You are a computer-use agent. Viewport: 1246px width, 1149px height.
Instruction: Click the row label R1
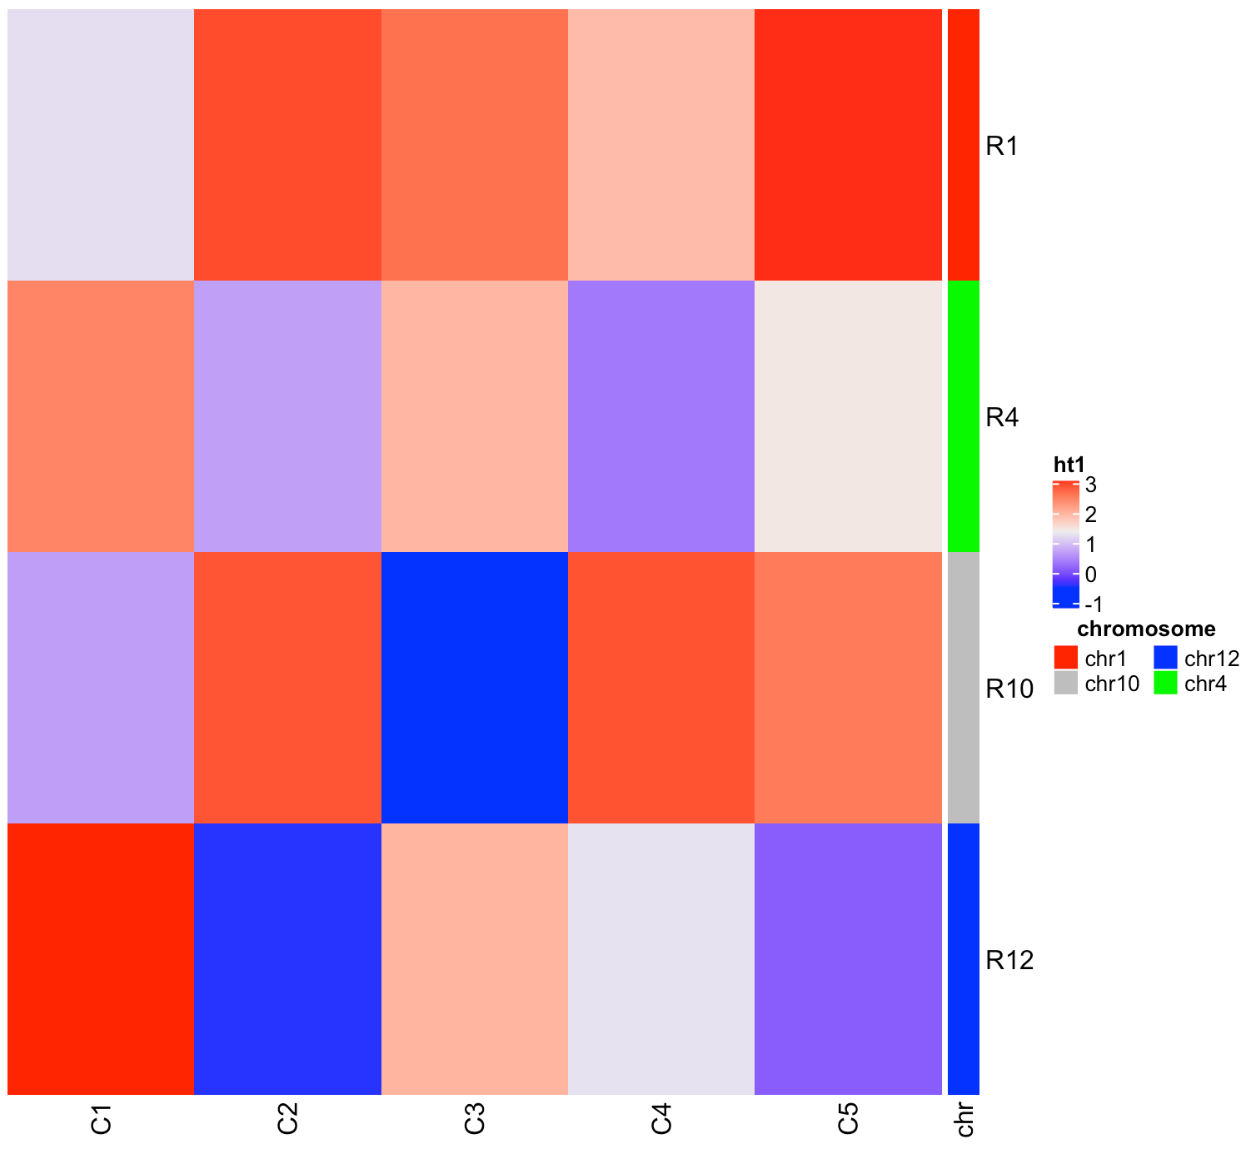pos(1001,147)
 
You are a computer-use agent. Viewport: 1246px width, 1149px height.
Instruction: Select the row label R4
pos(1001,417)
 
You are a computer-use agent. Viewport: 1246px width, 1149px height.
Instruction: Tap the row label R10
pos(1009,689)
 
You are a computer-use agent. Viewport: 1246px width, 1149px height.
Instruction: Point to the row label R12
pos(1009,960)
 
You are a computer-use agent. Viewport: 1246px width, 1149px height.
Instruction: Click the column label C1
pos(102,1120)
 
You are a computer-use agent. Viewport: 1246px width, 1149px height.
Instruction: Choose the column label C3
pos(475,1120)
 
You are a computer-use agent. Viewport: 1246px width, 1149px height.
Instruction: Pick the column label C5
pos(848,1120)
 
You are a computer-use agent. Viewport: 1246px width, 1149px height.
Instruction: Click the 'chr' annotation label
pos(964,1120)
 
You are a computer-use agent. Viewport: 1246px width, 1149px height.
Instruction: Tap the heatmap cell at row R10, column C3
pos(475,688)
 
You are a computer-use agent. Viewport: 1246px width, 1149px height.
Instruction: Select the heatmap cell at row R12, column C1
pos(101,959)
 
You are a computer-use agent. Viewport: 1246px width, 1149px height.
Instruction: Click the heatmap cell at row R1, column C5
pos(848,145)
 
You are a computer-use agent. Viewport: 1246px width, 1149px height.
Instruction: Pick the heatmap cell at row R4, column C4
pos(661,416)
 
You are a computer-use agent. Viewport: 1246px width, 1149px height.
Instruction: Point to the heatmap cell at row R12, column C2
pos(287,959)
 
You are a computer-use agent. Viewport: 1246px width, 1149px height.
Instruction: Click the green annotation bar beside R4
pos(964,416)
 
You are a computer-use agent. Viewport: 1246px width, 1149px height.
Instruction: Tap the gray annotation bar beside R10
pos(964,688)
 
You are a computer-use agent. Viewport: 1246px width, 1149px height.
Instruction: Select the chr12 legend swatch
pos(1165,658)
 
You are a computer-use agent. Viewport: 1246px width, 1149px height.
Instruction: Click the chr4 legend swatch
pos(1165,684)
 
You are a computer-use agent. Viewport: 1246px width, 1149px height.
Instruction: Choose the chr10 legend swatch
pos(1065,684)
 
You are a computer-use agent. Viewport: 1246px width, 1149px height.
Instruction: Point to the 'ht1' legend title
pos(1069,465)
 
